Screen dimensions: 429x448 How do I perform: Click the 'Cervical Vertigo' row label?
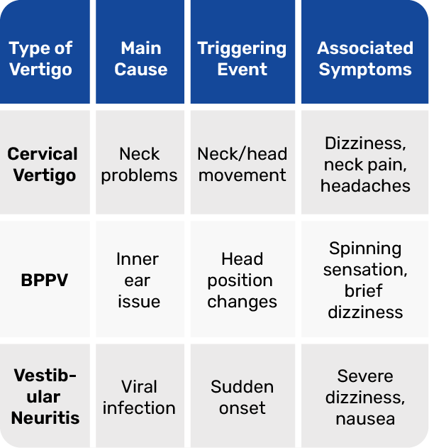coord(43,165)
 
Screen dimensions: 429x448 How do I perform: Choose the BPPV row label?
coord(44,280)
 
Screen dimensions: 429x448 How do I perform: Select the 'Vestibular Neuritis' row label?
coord(45,397)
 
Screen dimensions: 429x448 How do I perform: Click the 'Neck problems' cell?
coord(139,165)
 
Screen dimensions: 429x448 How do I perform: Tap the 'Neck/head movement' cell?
coord(242,165)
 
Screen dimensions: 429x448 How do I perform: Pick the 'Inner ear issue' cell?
coord(139,280)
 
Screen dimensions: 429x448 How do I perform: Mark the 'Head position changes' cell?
coord(242,280)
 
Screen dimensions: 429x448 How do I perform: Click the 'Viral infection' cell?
coord(139,397)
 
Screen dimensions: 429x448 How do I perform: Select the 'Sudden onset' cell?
coord(242,397)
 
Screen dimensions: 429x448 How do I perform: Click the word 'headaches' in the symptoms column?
coord(365,186)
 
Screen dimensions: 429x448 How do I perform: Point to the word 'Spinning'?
coord(365,249)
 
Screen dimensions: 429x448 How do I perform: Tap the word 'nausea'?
coord(365,420)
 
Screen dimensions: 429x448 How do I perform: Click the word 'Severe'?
coord(365,376)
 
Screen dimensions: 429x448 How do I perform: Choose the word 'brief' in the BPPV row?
coord(363,291)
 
